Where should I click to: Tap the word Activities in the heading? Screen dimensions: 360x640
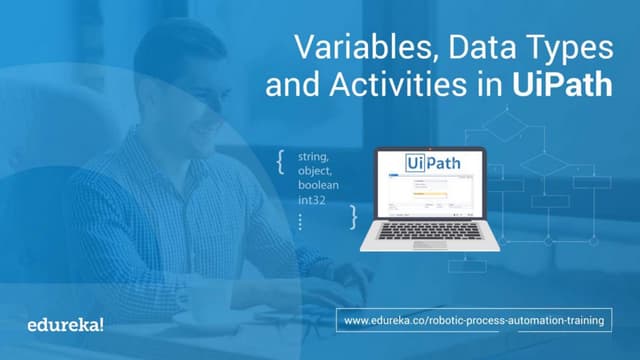point(375,84)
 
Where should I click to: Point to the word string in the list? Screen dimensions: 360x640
point(313,157)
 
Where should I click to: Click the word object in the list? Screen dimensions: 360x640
point(314,171)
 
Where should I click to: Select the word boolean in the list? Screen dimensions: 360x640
point(319,186)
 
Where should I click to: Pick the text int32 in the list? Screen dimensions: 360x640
point(312,201)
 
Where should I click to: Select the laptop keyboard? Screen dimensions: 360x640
point(428,231)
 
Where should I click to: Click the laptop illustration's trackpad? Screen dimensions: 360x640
point(428,244)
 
